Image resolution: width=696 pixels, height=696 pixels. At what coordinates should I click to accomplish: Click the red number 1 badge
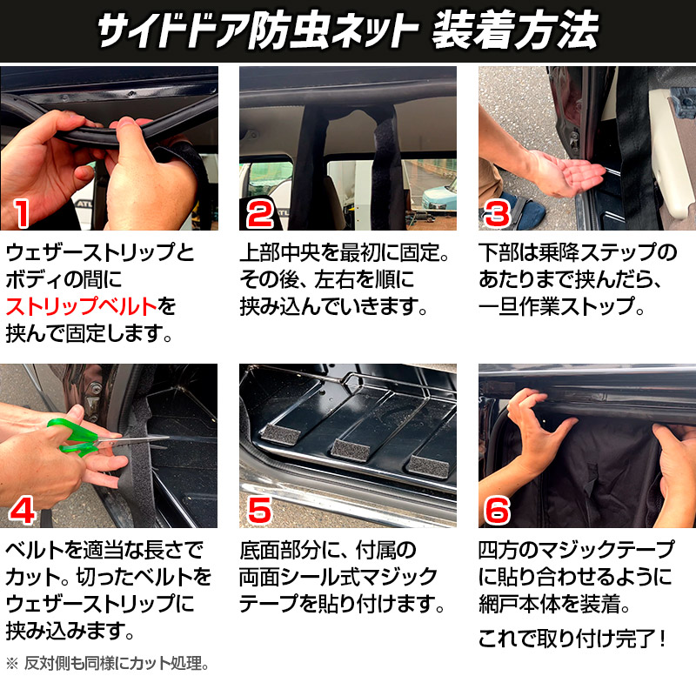pyautogui.click(x=22, y=213)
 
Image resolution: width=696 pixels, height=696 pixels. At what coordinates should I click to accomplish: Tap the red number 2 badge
pyautogui.click(x=259, y=214)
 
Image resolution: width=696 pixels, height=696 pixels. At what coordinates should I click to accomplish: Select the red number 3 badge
pyautogui.click(x=497, y=214)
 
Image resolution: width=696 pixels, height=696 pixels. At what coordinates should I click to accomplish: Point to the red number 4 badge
pyautogui.click(x=23, y=511)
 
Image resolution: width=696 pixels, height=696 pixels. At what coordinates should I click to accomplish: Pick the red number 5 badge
pyautogui.click(x=259, y=511)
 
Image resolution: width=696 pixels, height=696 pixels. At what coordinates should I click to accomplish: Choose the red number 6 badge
pyautogui.click(x=497, y=511)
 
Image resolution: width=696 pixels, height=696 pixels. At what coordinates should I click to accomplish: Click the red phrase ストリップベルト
pyautogui.click(x=82, y=307)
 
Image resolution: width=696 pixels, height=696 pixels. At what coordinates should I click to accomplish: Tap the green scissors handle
pyautogui.click(x=71, y=438)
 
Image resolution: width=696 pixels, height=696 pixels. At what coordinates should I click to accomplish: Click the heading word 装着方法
pyautogui.click(x=516, y=30)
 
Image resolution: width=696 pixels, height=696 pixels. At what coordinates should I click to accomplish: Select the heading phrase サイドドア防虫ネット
pyautogui.click(x=258, y=30)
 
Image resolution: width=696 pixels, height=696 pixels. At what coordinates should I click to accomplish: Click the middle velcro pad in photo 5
pyautogui.click(x=351, y=450)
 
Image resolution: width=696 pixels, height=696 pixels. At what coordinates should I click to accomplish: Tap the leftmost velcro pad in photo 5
pyautogui.click(x=281, y=434)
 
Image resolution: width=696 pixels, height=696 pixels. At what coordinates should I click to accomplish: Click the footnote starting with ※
pyautogui.click(x=107, y=664)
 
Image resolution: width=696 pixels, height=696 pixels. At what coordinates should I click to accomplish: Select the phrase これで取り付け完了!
pyautogui.click(x=572, y=639)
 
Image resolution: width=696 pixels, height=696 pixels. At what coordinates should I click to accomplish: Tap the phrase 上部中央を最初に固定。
pyautogui.click(x=345, y=252)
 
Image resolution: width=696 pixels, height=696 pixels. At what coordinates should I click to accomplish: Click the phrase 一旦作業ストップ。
pyautogui.click(x=561, y=307)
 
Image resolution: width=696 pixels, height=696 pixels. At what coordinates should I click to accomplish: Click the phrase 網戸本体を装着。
pyautogui.click(x=554, y=604)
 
